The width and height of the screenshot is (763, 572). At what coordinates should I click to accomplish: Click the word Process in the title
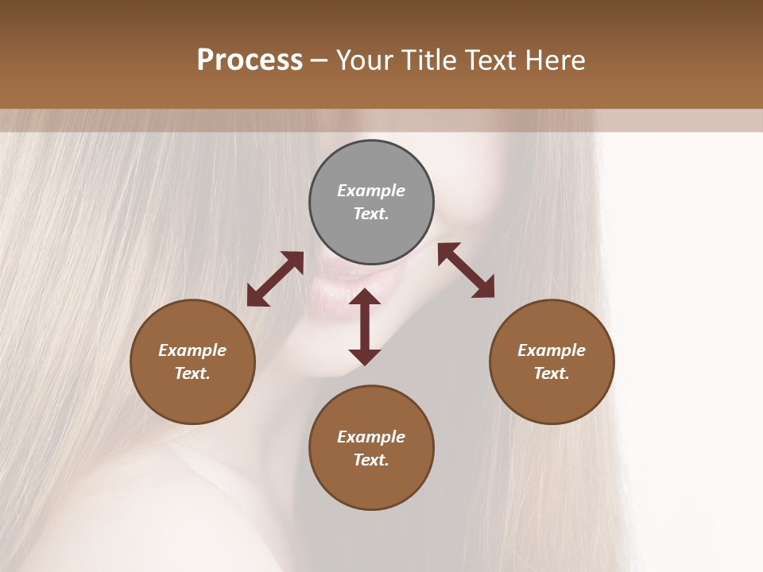[250, 60]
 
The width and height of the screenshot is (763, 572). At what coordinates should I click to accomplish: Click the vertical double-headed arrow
[365, 327]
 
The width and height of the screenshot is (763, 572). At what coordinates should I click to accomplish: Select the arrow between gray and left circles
[275, 279]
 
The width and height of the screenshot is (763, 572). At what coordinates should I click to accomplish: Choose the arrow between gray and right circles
[467, 270]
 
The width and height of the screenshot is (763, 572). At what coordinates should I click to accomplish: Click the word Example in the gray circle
[371, 191]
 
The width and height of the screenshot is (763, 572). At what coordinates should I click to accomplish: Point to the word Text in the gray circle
[371, 214]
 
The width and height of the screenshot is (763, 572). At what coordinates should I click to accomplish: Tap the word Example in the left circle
[192, 350]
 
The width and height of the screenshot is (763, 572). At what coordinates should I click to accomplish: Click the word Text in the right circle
[552, 373]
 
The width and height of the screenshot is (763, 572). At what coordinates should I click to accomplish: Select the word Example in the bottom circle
[371, 437]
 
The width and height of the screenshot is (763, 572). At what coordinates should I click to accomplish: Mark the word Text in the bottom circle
[371, 460]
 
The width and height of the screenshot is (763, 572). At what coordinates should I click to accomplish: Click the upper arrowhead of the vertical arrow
[365, 299]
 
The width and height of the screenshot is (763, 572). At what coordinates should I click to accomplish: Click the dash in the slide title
[320, 60]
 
